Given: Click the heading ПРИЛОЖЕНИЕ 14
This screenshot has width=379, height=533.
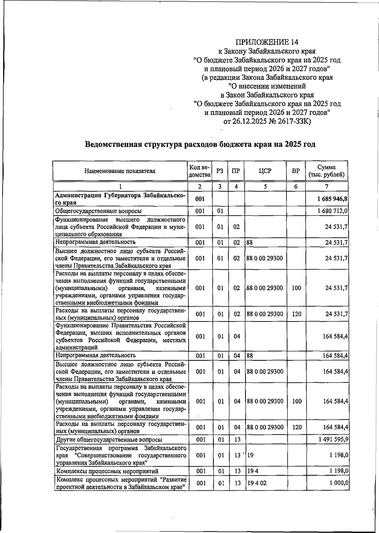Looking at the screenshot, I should point(267,42).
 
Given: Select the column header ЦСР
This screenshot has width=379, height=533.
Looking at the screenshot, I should point(265,171).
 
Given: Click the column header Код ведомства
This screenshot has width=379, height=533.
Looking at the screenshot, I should point(199,171).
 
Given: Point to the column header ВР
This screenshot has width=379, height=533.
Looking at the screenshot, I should point(296,171).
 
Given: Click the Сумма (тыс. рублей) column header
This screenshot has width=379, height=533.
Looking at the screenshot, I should point(327,171).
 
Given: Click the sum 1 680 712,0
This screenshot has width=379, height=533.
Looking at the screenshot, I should point(333,211).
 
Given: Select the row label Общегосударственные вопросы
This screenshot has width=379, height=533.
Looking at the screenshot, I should point(98,211).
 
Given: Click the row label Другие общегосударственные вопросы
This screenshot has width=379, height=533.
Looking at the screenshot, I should point(109,440).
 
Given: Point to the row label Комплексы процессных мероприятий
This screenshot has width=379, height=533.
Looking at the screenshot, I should point(107,471).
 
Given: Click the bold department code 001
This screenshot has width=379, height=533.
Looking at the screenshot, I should point(200,199).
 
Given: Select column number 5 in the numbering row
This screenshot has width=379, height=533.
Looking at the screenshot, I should point(265,187).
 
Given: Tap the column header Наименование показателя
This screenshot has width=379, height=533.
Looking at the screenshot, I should point(120,171).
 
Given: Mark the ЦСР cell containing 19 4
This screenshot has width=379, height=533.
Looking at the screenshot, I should point(253,471).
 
